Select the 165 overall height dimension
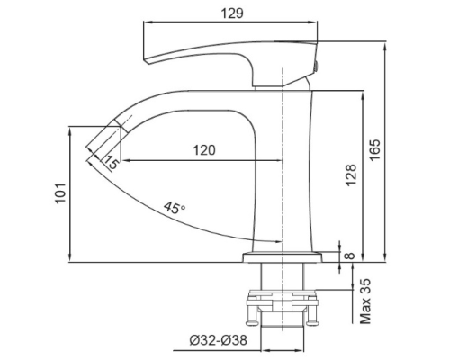pos(376,147)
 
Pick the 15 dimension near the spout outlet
pos(111,162)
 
